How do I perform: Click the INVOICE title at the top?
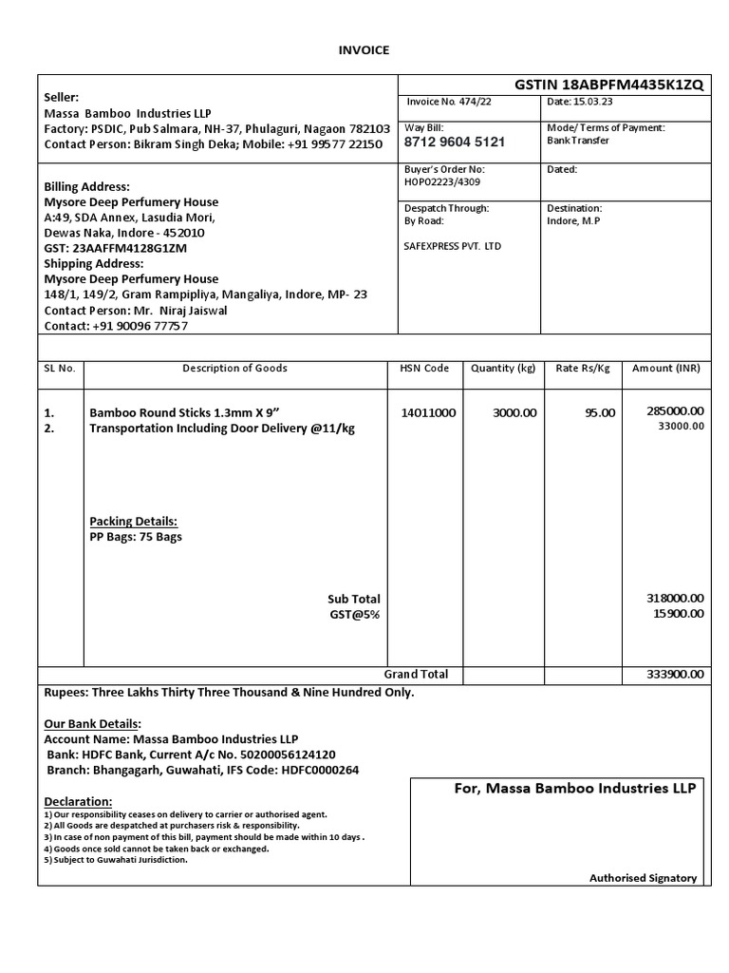(364, 50)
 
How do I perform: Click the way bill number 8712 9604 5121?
(454, 143)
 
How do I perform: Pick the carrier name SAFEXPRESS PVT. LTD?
(453, 246)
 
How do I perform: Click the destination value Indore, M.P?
(573, 220)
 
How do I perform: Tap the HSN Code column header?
(423, 368)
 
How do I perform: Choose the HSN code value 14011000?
(428, 412)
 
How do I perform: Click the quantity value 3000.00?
(514, 412)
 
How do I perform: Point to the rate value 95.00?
(599, 412)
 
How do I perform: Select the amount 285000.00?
(675, 410)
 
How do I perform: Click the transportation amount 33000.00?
(681, 427)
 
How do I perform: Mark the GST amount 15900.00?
(678, 614)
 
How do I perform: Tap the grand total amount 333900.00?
(675, 675)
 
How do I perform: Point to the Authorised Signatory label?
(643, 878)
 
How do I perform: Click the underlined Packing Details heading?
(133, 522)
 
